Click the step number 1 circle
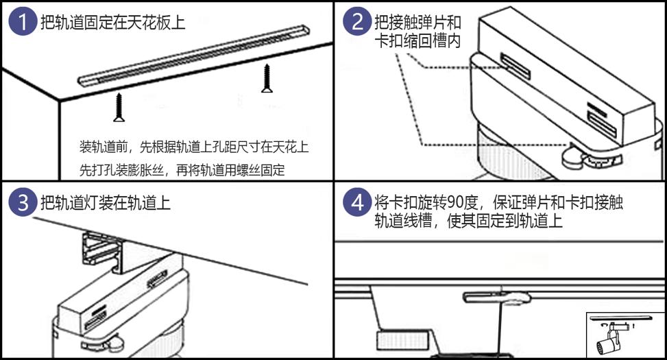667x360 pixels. [23, 23]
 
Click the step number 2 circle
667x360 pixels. [358, 23]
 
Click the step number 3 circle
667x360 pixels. [23, 203]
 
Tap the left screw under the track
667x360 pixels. [119, 108]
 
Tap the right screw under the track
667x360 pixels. [267, 78]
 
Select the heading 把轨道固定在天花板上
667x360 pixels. [113, 23]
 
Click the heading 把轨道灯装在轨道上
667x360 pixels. [106, 203]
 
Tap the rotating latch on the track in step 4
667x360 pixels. [499, 298]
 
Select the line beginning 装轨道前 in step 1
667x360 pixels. [194, 147]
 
